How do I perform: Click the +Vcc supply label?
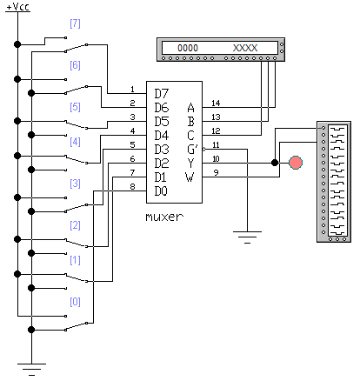tap(18, 7)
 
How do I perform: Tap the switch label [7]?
tap(75, 23)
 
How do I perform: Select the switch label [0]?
tap(75, 302)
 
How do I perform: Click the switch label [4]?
tap(75, 142)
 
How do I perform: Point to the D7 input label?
tap(161, 94)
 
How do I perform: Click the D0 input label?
tap(161, 191)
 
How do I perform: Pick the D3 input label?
tap(161, 150)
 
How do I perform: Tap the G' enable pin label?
tap(192, 150)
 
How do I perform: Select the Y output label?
tap(190, 164)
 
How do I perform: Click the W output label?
tap(190, 177)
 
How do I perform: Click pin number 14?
tap(216, 103)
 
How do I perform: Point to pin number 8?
tap(132, 186)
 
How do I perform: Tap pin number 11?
tap(216, 144)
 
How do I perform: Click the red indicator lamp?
tap(296, 163)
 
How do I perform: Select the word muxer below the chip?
tap(164, 217)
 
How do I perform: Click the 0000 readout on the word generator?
tap(188, 48)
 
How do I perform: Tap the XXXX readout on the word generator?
tap(245, 48)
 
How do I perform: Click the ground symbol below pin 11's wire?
tap(247, 237)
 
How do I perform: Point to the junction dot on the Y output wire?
tap(275, 163)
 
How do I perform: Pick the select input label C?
tap(190, 136)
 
